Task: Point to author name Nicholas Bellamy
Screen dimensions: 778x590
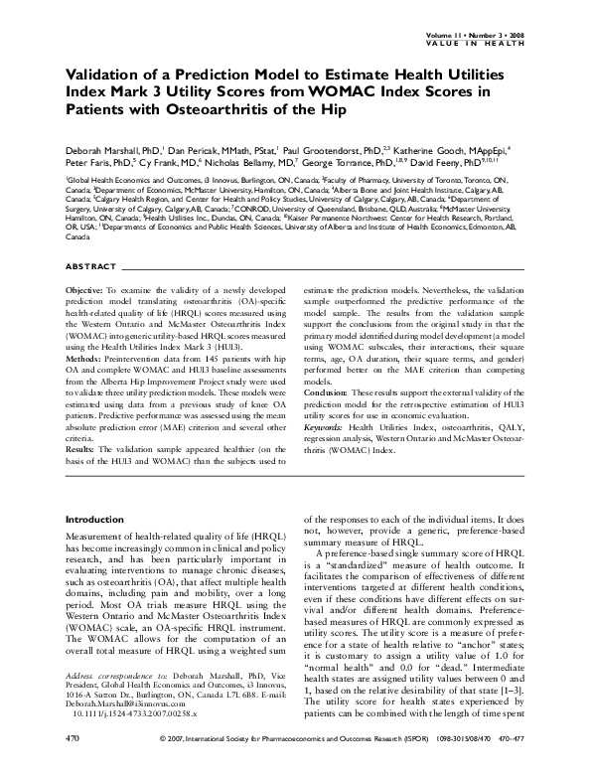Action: [x=252, y=161]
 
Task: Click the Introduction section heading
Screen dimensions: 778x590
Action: [x=94, y=520]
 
